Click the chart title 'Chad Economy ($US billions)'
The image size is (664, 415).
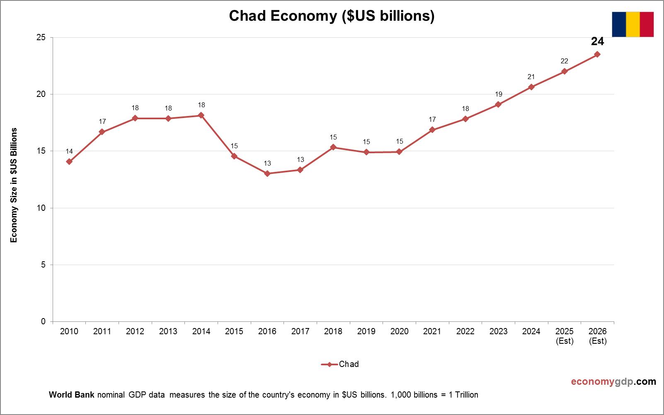332,16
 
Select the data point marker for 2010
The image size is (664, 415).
69,162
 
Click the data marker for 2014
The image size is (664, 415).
201,115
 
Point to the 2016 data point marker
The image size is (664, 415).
267,174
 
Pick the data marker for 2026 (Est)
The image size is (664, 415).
597,54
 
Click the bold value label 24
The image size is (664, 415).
597,41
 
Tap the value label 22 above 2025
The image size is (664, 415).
564,61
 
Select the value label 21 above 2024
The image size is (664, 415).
531,77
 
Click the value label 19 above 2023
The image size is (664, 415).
498,94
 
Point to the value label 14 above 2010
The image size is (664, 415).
69,151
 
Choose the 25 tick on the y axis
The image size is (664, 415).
41,38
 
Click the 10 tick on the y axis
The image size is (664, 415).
41,208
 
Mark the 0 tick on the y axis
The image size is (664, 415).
43,321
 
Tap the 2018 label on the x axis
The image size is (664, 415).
333,331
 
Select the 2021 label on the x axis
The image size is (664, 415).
432,331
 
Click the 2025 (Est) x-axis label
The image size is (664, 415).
564,336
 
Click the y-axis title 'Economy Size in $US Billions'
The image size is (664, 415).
14,185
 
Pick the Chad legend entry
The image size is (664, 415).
340,364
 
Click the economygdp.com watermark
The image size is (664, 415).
613,381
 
